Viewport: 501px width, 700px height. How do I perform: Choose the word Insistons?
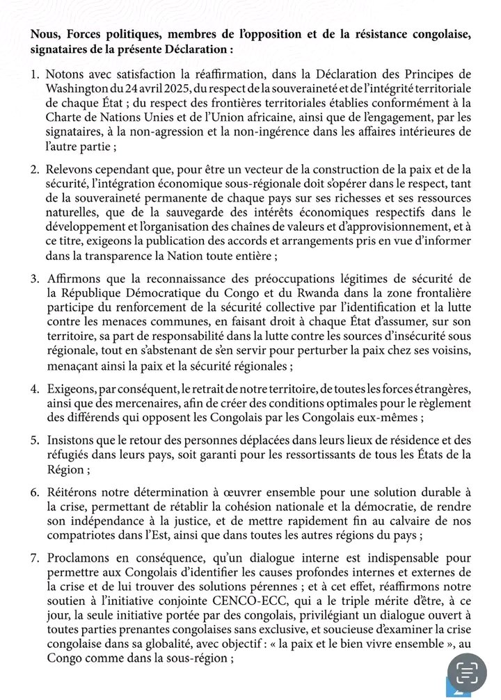[72, 439]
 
